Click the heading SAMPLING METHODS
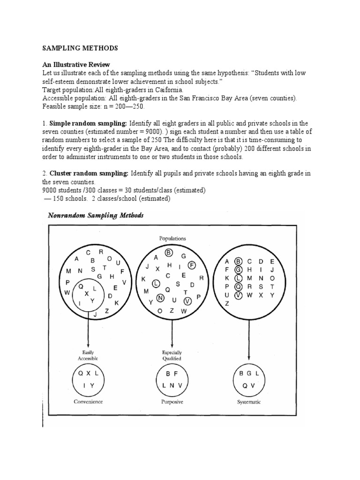pos(80,48)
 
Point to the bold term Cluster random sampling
pos(89,173)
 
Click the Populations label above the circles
pos(172,238)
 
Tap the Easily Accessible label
pos(89,355)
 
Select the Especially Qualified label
pos(172,355)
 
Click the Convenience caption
pos(88,402)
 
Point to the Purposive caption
pos(172,402)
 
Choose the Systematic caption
pos(249,402)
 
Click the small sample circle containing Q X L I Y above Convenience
pos(89,380)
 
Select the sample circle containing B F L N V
pos(172,380)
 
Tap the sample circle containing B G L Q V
pos(249,380)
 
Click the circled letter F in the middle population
pos(192,265)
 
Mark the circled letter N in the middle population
pos(161,297)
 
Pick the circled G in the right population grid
pos(238,269)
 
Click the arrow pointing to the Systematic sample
pos(249,337)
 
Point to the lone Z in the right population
pos(227,303)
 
